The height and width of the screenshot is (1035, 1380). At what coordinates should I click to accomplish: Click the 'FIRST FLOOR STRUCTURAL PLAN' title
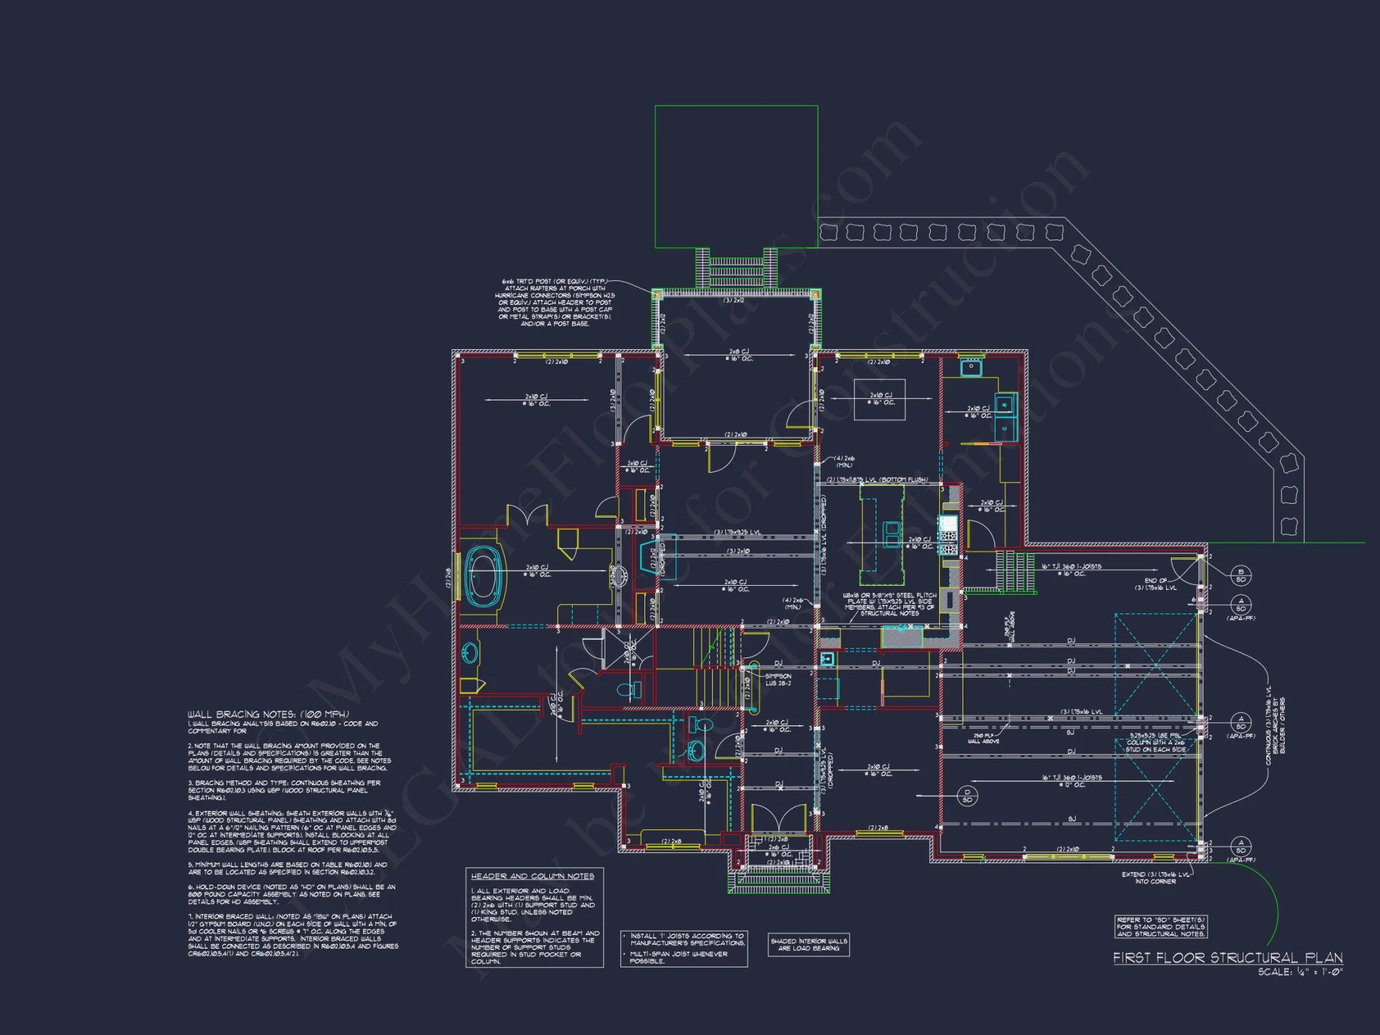coord(1228,958)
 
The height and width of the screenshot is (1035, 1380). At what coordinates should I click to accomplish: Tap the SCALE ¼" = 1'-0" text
coord(1300,972)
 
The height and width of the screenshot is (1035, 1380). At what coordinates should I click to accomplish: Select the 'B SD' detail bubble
coord(1241,575)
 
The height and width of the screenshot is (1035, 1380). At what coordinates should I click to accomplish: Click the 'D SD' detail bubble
coord(967,796)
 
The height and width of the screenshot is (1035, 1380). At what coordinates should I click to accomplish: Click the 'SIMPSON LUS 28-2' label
coord(778,680)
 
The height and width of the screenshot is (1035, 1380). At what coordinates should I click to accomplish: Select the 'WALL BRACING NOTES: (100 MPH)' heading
coord(268,714)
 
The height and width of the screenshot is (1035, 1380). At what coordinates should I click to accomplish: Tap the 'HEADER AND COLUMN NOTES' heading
coord(532,876)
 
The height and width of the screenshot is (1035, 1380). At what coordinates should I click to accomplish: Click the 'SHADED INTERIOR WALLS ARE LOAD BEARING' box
coord(809,945)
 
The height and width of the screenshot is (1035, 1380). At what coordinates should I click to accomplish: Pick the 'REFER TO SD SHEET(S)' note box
coord(1161,927)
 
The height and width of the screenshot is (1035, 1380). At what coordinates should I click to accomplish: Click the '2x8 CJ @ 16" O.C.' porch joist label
coord(739,355)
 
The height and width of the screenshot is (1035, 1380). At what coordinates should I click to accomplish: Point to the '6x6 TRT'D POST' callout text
coord(554,302)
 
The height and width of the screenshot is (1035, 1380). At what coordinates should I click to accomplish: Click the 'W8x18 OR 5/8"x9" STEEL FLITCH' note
coord(889,604)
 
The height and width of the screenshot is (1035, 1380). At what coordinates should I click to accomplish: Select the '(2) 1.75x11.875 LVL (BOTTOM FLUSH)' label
coord(877,480)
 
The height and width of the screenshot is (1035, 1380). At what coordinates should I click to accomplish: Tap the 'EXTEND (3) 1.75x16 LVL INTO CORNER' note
coord(1155,878)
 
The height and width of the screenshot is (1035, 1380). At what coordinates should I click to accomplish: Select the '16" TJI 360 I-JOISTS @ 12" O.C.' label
coord(1072,780)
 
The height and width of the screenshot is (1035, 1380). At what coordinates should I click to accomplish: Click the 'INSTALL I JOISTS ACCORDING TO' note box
coord(684,948)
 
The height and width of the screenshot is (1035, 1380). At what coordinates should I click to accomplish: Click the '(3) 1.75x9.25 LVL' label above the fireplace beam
coord(737,532)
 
